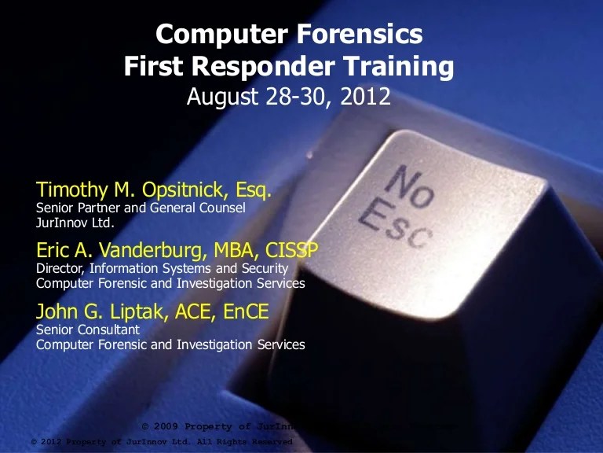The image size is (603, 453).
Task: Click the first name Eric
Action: (52, 251)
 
